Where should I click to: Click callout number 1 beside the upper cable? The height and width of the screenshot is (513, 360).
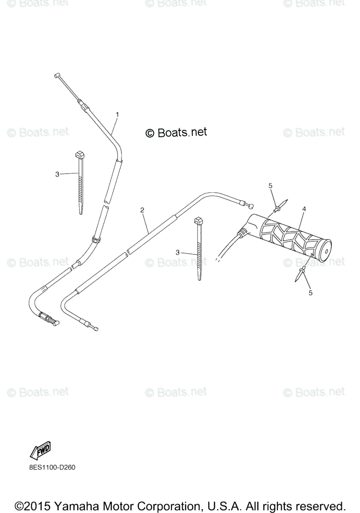click(117, 114)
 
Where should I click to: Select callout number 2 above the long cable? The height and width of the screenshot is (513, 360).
click(142, 210)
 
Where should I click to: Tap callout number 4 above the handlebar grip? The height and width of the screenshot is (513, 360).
click(304, 209)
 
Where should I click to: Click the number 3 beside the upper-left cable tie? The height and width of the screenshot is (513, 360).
click(57, 174)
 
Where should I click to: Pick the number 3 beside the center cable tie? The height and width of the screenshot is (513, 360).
click(177, 252)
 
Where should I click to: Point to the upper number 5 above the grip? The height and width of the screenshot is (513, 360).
click(270, 185)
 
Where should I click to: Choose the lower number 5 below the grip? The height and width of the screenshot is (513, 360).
click(310, 293)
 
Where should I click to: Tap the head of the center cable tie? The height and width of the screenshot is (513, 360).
click(199, 221)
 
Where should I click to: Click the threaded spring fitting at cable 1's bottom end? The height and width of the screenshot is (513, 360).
click(48, 319)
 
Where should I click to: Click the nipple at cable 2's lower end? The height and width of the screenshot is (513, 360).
click(97, 328)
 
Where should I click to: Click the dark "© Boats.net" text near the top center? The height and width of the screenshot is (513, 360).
click(176, 133)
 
